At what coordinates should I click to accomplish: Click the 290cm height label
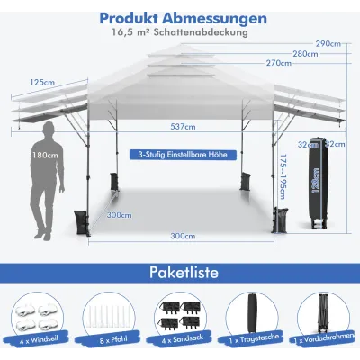pos(328,44)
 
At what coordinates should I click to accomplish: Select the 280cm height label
pos(305,54)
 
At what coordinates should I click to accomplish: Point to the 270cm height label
pos(279,63)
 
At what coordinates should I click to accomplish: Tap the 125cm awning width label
pos(42,82)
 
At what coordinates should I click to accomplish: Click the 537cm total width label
pos(183,127)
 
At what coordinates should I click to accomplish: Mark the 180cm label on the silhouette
pos(45,156)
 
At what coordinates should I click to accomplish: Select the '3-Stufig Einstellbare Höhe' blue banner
pos(183,155)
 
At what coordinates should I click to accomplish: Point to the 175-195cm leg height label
pos(283,177)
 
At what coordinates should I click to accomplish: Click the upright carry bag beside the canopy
pos(319,184)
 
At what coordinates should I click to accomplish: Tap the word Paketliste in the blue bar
pos(184,273)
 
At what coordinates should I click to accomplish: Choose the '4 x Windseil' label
pos(40,340)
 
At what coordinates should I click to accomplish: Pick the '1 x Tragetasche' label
pos(254,338)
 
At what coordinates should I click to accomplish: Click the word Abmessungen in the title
pos(214,18)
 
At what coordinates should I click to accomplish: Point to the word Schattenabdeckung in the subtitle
pos(201,32)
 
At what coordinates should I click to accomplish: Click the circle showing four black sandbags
pos(180,317)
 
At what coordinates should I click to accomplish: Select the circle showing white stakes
pos(108,318)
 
